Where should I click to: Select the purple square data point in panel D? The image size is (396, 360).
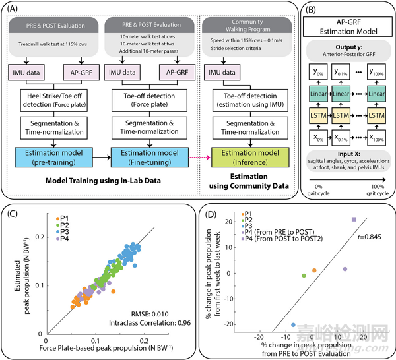[x=354, y=220]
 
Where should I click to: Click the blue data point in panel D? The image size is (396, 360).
[x=293, y=325]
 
